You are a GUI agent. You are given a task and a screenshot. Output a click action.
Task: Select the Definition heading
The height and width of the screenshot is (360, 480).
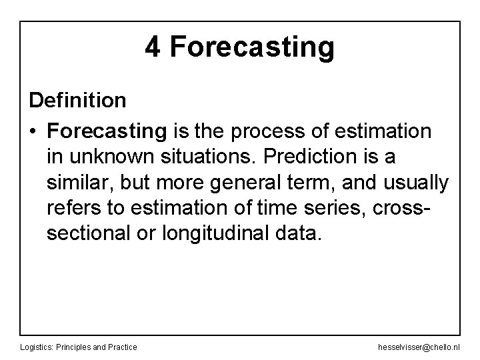pos(77,101)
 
